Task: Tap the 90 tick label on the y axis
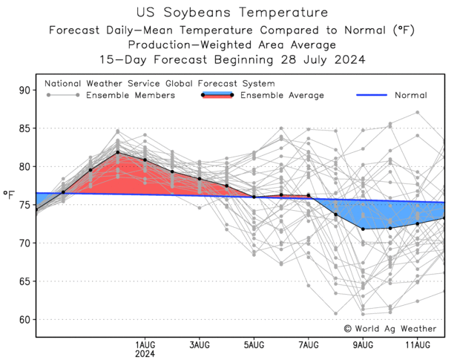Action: click(x=25, y=91)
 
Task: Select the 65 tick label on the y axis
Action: click(x=25, y=281)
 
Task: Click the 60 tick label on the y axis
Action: click(x=25, y=320)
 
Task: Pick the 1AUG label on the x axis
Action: click(x=145, y=345)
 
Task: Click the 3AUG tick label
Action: click(x=199, y=345)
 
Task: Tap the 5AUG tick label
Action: click(x=254, y=345)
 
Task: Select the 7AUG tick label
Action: click(x=309, y=345)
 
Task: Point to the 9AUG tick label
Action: click(x=363, y=345)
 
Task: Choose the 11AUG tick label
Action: click(x=418, y=345)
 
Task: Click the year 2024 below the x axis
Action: click(x=145, y=355)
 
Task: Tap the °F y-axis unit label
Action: click(x=10, y=196)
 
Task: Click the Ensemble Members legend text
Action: click(x=131, y=95)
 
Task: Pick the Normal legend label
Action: click(x=411, y=95)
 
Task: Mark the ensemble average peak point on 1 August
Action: click(x=118, y=152)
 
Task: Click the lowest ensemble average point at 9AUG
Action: click(x=363, y=229)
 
